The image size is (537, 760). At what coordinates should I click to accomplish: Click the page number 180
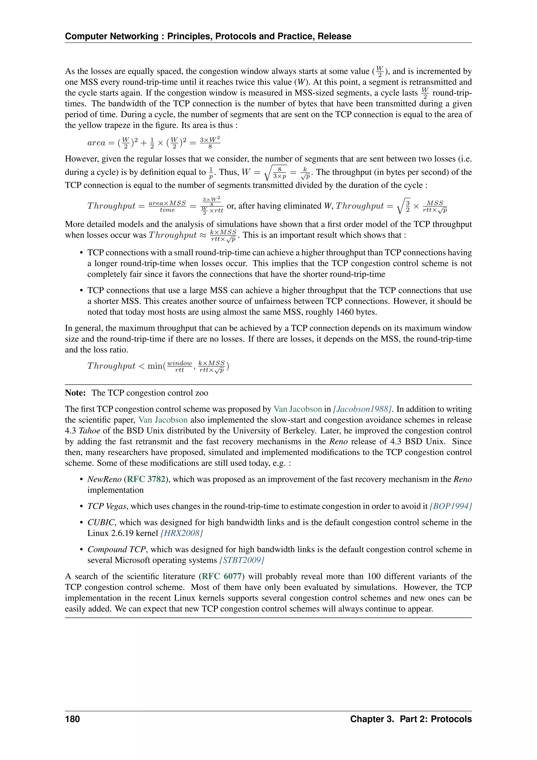72,719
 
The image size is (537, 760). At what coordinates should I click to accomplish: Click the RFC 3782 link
146,479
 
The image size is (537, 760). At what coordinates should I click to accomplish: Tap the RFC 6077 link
222,576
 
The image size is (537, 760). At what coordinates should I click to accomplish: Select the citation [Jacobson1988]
362,409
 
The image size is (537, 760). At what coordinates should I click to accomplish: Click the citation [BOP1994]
450,506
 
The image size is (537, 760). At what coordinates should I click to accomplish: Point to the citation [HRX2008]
181,533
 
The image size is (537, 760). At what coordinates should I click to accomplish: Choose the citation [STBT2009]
242,560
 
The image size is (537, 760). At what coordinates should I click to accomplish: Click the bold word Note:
76,393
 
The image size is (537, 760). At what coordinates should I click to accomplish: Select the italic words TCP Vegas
107,506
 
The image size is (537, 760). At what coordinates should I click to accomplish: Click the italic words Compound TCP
116,550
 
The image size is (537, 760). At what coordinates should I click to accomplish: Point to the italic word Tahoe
89,431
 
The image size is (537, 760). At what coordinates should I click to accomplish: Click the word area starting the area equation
96,143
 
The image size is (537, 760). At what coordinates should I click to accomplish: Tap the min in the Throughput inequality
155,366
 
